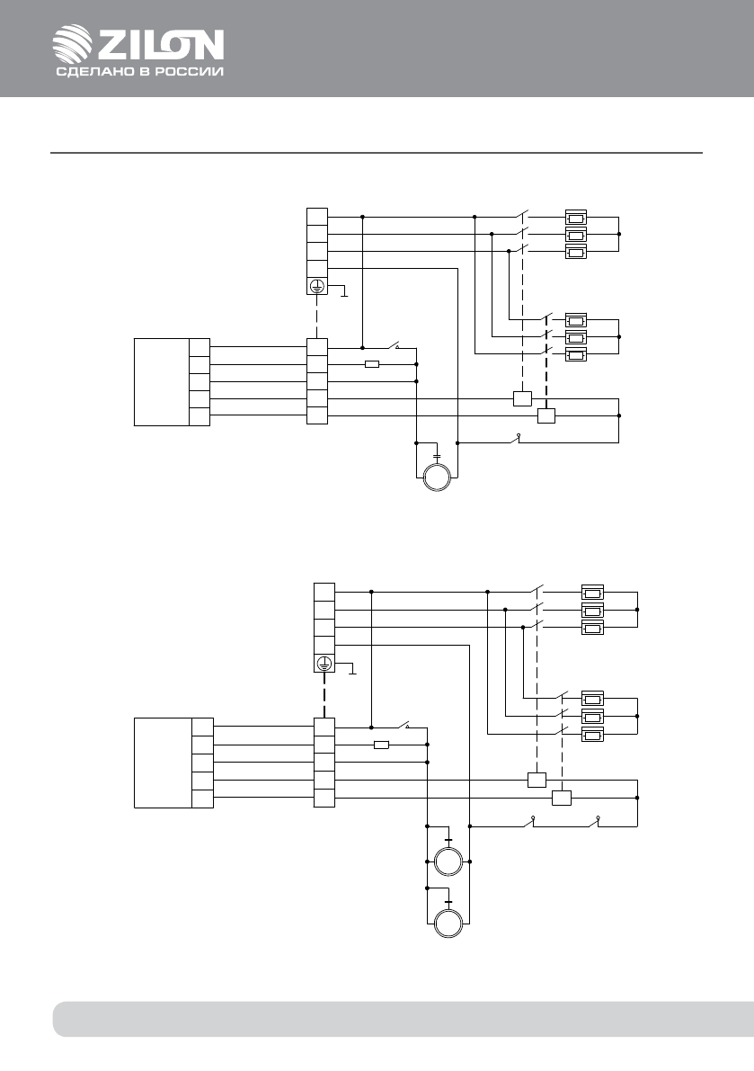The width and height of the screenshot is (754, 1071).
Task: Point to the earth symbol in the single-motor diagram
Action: click(x=316, y=287)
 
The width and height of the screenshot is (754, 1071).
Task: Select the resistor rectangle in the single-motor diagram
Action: click(x=372, y=364)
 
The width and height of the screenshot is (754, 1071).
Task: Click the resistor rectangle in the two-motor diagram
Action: click(x=381, y=745)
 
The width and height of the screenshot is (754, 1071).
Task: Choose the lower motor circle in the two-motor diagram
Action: click(x=448, y=924)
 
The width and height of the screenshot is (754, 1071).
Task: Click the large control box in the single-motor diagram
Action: click(x=162, y=381)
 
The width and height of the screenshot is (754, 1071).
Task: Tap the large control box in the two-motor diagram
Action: click(x=163, y=763)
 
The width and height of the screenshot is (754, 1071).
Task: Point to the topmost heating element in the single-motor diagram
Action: click(x=576, y=218)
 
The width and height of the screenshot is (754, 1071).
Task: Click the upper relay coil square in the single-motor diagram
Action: click(x=520, y=398)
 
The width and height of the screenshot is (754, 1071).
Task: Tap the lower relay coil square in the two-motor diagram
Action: click(x=562, y=798)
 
